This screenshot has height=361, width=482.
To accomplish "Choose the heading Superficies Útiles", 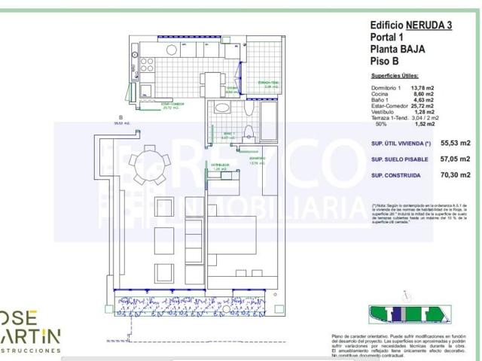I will point(399,77).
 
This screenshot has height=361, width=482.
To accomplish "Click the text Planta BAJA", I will point(398,49).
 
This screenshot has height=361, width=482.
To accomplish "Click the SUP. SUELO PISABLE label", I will point(400,159).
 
